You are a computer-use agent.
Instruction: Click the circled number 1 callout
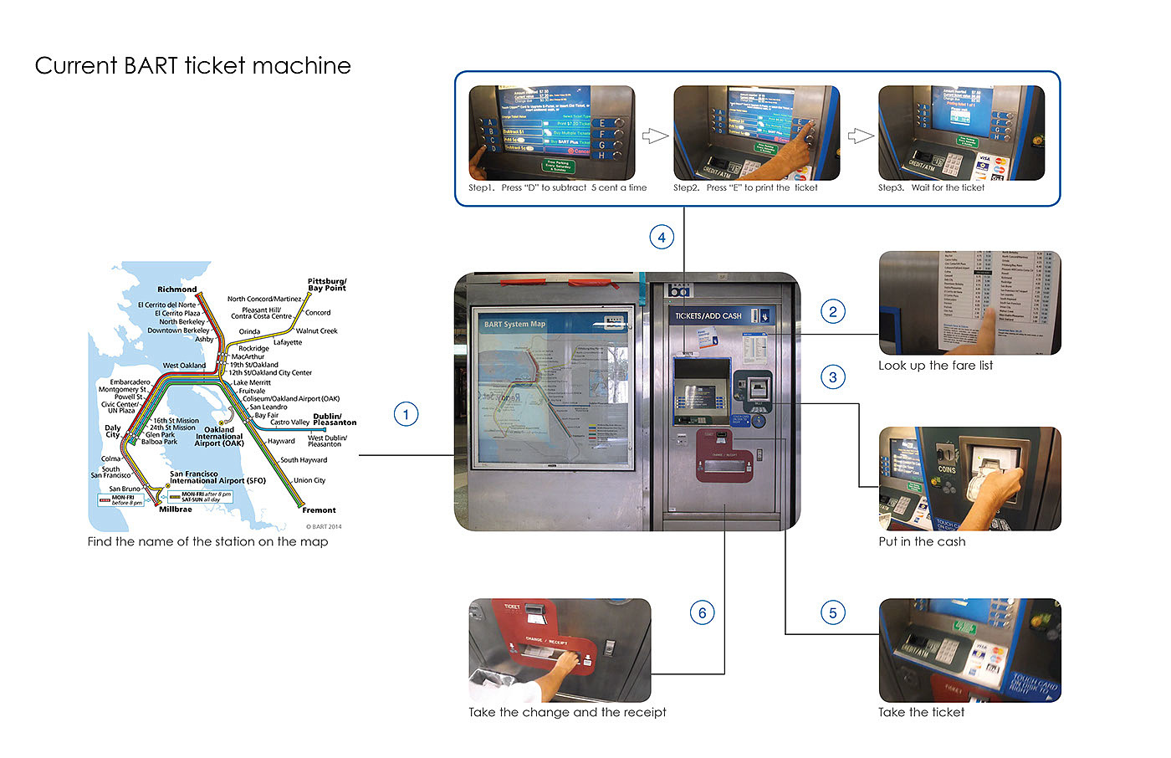click(406, 414)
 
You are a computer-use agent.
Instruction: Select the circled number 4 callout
click(662, 237)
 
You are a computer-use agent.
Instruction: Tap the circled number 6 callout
click(702, 613)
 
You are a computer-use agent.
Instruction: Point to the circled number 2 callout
click(832, 312)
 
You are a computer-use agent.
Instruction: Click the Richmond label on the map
click(177, 289)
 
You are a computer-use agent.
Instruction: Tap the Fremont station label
click(319, 510)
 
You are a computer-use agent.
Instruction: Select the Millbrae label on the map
click(176, 509)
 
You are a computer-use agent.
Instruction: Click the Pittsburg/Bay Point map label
click(326, 284)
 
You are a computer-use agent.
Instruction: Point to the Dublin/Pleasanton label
click(334, 419)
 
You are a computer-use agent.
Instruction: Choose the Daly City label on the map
click(113, 431)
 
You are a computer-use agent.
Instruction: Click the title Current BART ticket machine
click(192, 65)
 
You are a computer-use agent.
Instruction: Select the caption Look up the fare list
click(935, 366)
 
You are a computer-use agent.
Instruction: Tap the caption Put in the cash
click(922, 541)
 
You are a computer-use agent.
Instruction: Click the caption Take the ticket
click(921, 712)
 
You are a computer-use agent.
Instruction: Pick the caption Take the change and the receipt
click(567, 712)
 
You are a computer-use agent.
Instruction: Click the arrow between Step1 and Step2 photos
click(655, 136)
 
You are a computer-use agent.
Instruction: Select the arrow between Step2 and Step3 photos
click(861, 136)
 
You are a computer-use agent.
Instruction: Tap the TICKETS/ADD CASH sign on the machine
click(708, 316)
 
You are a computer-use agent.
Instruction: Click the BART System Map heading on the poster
click(514, 324)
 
